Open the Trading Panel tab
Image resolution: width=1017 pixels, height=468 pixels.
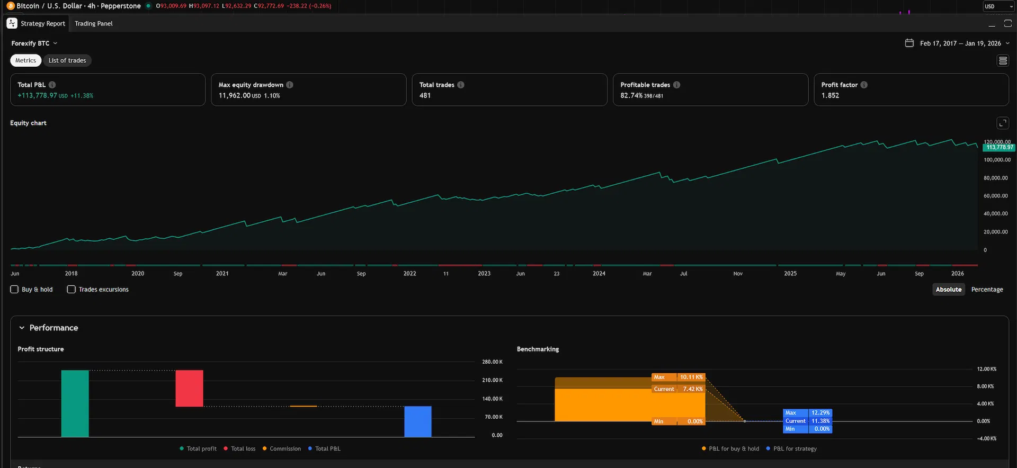(x=94, y=23)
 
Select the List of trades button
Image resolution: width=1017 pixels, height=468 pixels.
(x=67, y=60)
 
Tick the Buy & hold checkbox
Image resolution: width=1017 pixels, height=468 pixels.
(x=14, y=290)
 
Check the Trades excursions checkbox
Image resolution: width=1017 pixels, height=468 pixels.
(x=71, y=290)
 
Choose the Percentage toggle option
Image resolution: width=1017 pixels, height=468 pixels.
(x=987, y=290)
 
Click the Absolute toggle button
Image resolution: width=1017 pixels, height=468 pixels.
(x=949, y=290)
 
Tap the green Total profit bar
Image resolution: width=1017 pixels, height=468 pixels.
(x=75, y=403)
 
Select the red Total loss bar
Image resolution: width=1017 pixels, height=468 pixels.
(x=190, y=389)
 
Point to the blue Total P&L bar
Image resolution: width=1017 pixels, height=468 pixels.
(x=418, y=421)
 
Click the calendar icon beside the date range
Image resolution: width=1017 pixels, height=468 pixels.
(x=909, y=43)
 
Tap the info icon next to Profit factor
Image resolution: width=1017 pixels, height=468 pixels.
(x=864, y=85)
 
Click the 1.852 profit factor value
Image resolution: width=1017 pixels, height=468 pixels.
(x=830, y=95)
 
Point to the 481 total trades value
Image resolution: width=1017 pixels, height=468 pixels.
(x=425, y=95)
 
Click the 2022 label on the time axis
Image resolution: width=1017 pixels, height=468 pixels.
(x=409, y=274)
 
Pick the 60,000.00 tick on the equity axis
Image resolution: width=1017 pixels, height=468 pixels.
(x=996, y=196)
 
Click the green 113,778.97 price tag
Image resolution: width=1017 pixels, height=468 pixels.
(x=999, y=147)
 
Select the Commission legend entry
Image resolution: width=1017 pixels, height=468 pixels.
(x=282, y=449)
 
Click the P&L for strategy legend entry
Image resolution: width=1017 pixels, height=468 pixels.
(x=791, y=449)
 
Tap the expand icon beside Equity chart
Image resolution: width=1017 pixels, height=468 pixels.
(x=1003, y=123)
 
